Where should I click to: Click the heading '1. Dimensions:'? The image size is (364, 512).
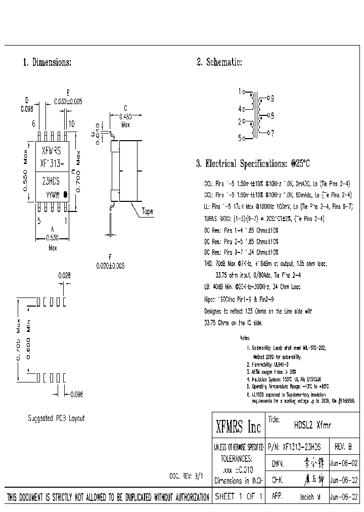click(x=47, y=63)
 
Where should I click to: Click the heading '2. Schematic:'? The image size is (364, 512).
click(x=219, y=63)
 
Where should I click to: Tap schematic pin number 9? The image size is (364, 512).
click(x=272, y=98)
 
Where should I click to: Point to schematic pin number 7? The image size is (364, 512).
click(x=272, y=134)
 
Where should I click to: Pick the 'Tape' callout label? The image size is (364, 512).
click(x=147, y=211)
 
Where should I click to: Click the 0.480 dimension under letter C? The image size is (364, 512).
click(x=125, y=116)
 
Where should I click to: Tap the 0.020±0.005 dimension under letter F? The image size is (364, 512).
click(x=110, y=266)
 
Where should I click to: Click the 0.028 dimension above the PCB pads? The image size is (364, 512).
click(x=64, y=276)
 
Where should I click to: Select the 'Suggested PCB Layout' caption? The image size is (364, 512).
click(x=56, y=419)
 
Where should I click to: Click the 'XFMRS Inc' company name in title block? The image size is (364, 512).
click(x=238, y=428)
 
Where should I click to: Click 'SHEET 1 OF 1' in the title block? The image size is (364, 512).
click(x=238, y=497)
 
